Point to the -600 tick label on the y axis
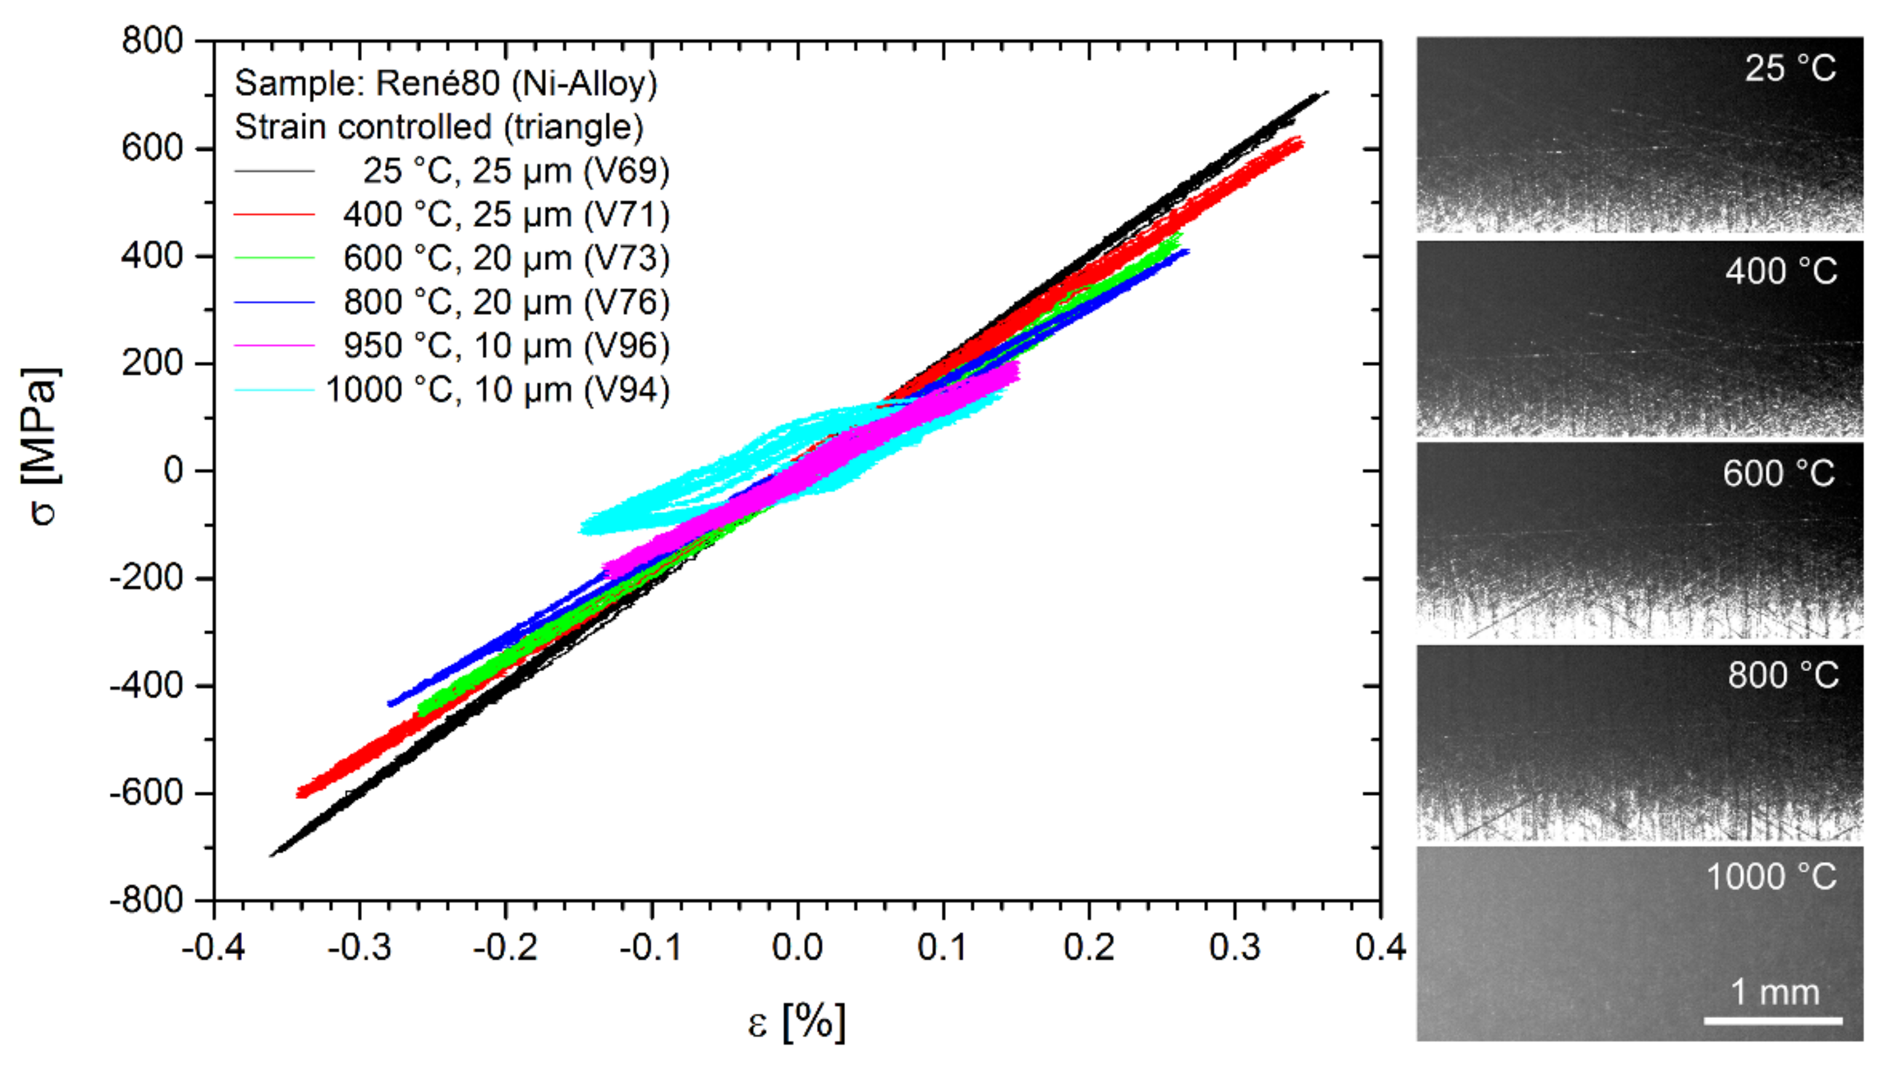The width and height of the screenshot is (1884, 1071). point(145,793)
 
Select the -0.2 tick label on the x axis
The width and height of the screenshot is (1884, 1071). point(505,947)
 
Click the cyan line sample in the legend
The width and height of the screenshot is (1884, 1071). point(274,390)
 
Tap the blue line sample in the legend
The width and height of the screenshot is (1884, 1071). point(274,302)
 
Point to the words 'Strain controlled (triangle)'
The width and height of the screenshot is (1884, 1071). point(439,127)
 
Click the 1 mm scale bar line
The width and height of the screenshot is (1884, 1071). point(1772,1021)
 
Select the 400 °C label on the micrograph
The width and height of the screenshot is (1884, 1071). point(1780,271)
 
